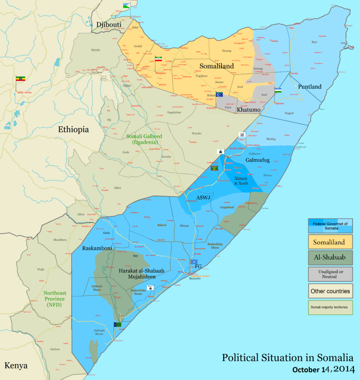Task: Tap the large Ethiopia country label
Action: (x=73, y=130)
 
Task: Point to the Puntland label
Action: (x=309, y=86)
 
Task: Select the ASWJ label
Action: (x=203, y=197)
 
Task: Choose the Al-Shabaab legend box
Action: (x=330, y=258)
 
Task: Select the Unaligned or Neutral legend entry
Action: (x=330, y=274)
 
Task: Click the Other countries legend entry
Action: (x=330, y=291)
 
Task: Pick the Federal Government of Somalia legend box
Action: (x=330, y=225)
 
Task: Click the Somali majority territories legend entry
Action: (x=330, y=308)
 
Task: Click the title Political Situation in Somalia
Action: (x=287, y=358)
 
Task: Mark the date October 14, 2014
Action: (x=323, y=370)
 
